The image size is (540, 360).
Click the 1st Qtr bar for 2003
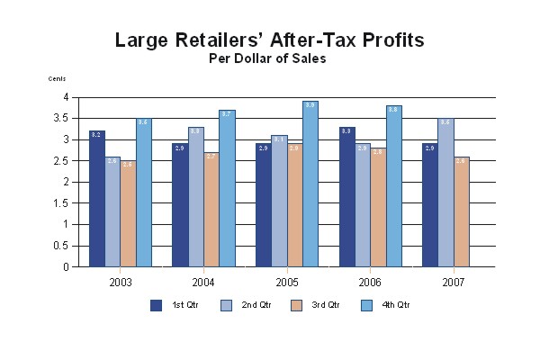coord(97,199)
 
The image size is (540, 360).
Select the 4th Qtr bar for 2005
coord(310,184)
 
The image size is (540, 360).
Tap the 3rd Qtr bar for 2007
coord(461,211)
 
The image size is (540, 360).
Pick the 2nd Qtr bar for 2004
coord(195,197)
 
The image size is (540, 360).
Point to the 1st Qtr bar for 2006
coord(347,197)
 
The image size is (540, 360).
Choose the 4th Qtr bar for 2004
coord(227,188)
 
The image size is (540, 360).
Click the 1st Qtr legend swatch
coord(156,305)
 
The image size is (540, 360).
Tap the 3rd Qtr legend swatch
coord(295,305)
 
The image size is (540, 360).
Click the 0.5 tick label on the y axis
coord(64,246)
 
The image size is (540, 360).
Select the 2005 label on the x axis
coord(287,281)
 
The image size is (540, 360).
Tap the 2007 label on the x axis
coord(454,281)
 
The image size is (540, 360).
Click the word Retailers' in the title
coord(240,40)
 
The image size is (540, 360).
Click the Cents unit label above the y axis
coord(57,79)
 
